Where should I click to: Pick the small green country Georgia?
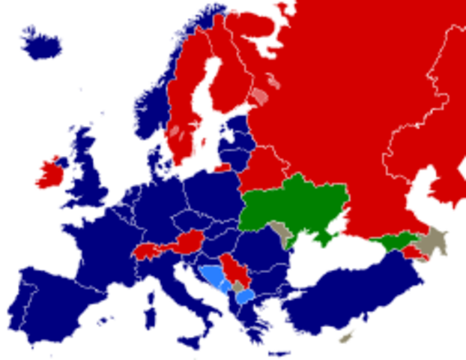393,241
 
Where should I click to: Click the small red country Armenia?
411,252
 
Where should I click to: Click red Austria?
187,241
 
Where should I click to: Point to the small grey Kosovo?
238,287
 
